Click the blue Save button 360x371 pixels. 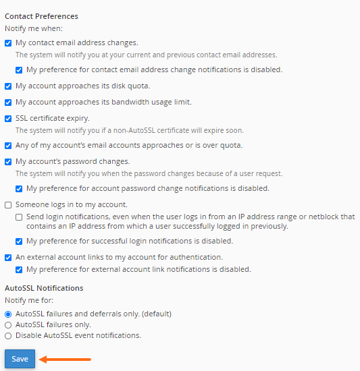coord(20,359)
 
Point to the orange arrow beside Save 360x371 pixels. coord(64,360)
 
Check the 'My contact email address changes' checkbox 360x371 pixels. coord(8,43)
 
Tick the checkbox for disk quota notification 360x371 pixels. coord(8,86)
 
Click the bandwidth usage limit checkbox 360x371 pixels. coord(8,103)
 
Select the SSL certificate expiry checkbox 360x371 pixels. coord(8,119)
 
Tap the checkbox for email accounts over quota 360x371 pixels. coord(8,146)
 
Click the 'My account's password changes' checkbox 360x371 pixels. coord(8,162)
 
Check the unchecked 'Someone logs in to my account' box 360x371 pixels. coord(8,205)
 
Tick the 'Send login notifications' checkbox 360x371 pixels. coord(19,217)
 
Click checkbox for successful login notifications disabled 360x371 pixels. coord(19,241)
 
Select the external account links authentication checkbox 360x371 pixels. coord(8,258)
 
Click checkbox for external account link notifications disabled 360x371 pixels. coord(19,270)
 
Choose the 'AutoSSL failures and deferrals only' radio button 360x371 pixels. coord(8,314)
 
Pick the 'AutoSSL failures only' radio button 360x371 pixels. coord(8,325)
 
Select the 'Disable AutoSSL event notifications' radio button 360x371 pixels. coord(8,336)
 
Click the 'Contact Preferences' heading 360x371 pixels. coord(41,16)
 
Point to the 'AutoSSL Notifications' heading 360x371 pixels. coord(44,288)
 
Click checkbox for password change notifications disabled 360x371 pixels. coord(19,189)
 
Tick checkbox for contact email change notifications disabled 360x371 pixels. coord(19,70)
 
